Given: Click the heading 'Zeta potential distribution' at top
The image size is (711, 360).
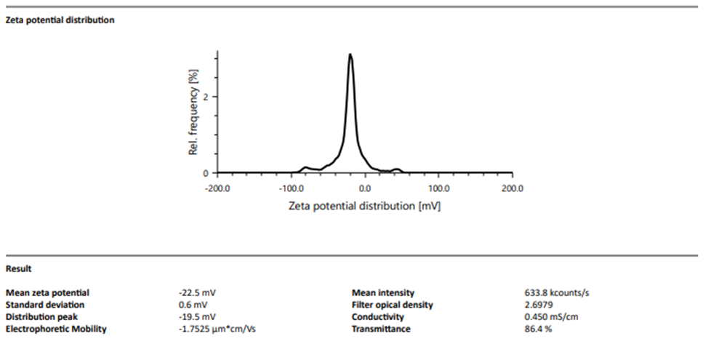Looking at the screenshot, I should [x=60, y=20].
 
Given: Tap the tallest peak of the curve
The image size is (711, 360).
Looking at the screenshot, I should [x=350, y=55].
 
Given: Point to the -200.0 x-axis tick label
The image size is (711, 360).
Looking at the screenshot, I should [x=217, y=188].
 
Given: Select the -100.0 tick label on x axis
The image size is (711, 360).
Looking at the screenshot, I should [x=291, y=188].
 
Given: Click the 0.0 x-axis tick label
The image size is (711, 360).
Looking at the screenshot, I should [x=366, y=188].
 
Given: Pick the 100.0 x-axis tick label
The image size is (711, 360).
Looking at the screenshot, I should [x=438, y=188].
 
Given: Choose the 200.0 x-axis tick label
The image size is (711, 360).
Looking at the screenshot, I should [x=513, y=188].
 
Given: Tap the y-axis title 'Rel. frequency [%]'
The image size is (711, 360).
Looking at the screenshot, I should [x=194, y=112].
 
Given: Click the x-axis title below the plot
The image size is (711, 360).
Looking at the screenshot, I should [x=365, y=206].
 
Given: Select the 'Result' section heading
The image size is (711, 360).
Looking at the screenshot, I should [x=18, y=269].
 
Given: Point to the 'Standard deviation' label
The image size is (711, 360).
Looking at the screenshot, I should [x=44, y=305].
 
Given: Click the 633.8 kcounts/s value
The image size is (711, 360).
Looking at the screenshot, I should [x=551, y=293].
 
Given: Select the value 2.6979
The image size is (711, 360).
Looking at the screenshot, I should [x=528, y=305].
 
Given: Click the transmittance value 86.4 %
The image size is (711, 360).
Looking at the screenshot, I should [x=528, y=329].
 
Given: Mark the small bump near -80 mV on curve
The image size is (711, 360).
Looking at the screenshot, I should [x=305, y=167].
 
